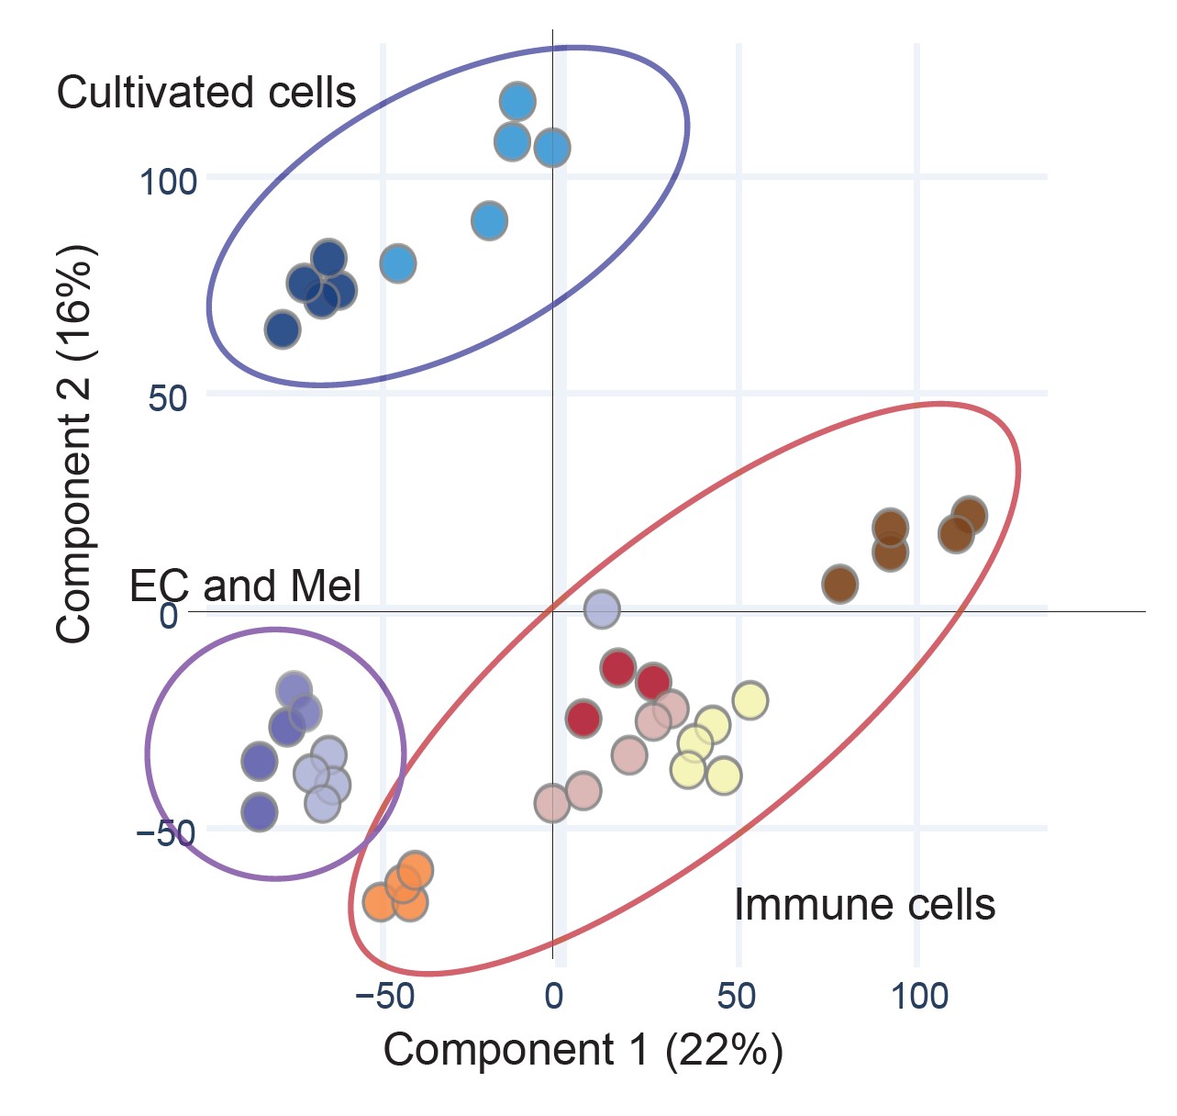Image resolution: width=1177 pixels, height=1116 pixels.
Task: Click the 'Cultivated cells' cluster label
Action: pos(206,93)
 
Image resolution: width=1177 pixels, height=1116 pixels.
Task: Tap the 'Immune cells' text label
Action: pos(864,905)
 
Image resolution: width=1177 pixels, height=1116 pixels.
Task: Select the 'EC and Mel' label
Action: pos(246,586)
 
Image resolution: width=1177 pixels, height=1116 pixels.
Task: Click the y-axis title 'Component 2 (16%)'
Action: pos(74,443)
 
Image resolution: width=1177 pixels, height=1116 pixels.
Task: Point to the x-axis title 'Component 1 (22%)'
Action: pos(583,1050)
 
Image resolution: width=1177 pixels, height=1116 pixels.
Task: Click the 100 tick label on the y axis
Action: pos(168,182)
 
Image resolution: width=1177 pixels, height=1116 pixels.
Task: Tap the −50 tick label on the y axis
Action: pos(165,833)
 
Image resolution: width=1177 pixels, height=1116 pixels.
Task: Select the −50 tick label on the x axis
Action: pos(384,996)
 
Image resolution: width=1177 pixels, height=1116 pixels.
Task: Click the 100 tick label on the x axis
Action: pos(919,996)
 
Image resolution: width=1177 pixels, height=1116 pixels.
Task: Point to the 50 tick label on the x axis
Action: pos(737,996)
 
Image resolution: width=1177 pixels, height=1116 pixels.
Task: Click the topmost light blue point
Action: pos(517,101)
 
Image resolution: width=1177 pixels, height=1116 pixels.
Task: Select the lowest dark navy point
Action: pos(283,329)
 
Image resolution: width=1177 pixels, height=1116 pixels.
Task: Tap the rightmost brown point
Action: pos(969,516)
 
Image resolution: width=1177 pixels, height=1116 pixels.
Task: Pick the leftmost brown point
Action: pos(840,584)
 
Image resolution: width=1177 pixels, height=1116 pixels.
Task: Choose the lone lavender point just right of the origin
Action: pos(602,608)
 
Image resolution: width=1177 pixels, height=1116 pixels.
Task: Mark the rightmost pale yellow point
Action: pos(750,700)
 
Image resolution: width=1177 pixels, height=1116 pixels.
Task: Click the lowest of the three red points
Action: pos(583,718)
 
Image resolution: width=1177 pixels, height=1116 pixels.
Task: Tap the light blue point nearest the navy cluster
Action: pos(398,264)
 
